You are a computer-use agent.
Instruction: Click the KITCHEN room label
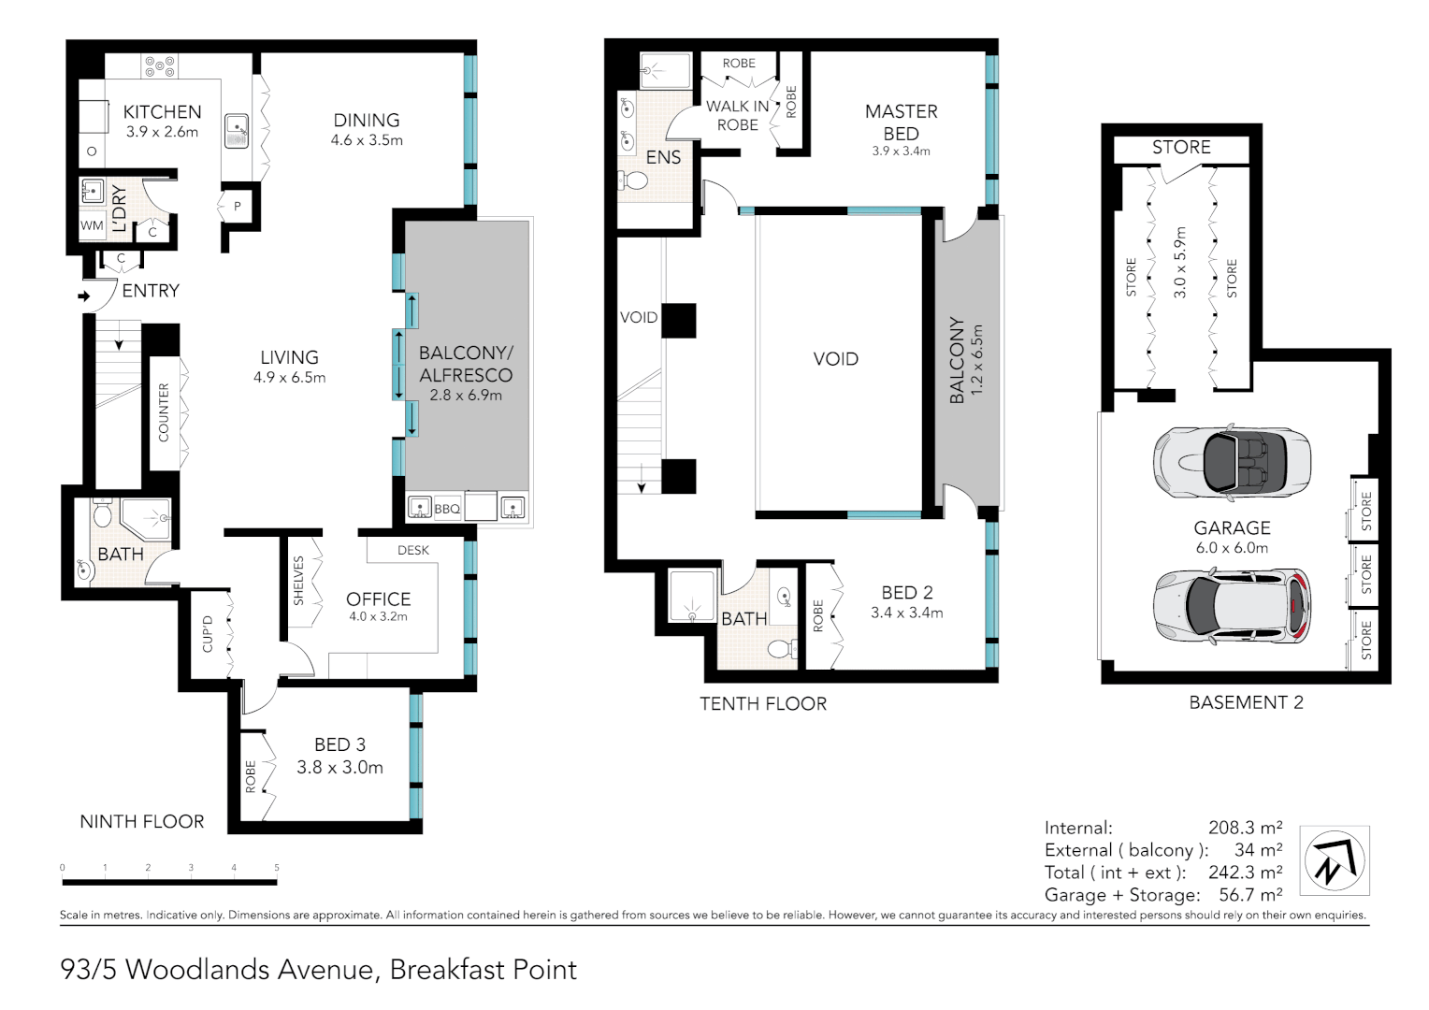tap(162, 111)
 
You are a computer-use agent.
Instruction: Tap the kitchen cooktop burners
tap(160, 66)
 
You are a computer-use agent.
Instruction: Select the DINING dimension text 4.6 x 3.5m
tap(367, 140)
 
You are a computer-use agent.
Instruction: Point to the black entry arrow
tap(83, 296)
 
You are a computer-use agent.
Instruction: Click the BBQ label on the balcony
tap(447, 509)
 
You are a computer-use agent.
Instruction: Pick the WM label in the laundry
tap(92, 225)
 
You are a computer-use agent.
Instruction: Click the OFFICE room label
tap(379, 599)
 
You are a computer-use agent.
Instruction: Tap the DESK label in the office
tap(413, 550)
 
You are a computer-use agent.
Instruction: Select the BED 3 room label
tap(340, 744)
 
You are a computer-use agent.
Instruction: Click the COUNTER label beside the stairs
tap(164, 412)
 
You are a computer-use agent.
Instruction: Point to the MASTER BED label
tap(902, 123)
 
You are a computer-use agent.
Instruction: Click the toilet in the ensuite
tap(633, 180)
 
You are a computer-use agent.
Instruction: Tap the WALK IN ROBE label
tap(738, 115)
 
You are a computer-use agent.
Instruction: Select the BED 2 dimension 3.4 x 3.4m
tap(907, 613)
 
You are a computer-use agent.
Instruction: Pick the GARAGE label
tap(1232, 527)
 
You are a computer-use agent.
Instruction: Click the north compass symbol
tap(1335, 860)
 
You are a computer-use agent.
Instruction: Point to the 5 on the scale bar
tap(277, 867)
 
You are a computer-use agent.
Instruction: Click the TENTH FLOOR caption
tap(763, 704)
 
